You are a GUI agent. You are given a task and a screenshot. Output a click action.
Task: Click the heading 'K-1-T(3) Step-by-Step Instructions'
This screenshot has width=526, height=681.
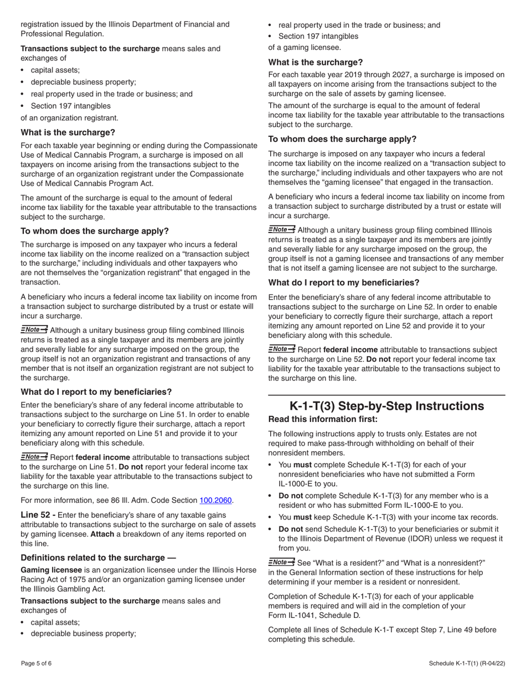click(x=386, y=406)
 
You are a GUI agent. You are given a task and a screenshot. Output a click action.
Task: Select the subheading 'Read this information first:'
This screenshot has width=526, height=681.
click(x=323, y=419)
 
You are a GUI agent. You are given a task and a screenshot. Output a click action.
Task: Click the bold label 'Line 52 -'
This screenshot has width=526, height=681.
click(x=38, y=515)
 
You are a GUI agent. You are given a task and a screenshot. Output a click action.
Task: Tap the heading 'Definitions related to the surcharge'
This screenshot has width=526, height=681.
click(x=98, y=558)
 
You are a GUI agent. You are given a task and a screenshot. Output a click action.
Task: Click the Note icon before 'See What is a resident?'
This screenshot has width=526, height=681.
click(x=281, y=563)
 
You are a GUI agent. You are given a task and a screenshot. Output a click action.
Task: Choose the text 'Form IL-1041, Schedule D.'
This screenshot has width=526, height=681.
click(x=314, y=615)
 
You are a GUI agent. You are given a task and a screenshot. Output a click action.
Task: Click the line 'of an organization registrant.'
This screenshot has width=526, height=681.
click(x=69, y=118)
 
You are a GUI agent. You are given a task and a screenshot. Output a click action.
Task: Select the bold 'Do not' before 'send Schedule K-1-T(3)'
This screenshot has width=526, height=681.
click(x=291, y=529)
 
